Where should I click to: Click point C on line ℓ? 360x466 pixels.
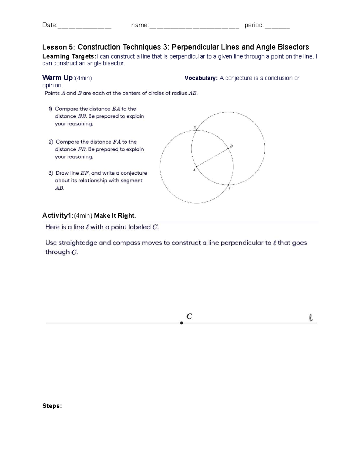click(x=181, y=323)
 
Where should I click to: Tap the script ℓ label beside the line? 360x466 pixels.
click(x=311, y=318)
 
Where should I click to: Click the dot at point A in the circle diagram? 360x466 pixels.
click(x=196, y=167)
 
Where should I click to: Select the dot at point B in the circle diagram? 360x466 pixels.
click(x=228, y=149)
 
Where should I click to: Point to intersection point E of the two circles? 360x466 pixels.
click(x=196, y=130)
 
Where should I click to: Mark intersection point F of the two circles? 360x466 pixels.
click(x=228, y=185)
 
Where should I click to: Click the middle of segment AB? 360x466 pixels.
click(x=212, y=158)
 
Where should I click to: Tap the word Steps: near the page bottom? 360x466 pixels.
click(x=52, y=406)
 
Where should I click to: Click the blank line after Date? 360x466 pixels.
click(x=84, y=26)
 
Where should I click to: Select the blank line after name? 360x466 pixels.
click(x=194, y=26)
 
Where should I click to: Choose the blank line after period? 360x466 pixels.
click(x=277, y=26)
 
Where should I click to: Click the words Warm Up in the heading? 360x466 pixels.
click(x=58, y=78)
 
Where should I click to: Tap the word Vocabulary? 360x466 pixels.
click(x=201, y=78)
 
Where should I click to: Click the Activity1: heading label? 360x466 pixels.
click(x=58, y=215)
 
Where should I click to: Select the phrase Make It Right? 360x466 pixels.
click(x=115, y=215)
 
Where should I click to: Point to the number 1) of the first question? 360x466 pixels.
click(x=50, y=109)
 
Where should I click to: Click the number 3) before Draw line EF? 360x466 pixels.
click(x=51, y=173)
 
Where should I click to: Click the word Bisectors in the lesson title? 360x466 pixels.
click(x=294, y=47)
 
